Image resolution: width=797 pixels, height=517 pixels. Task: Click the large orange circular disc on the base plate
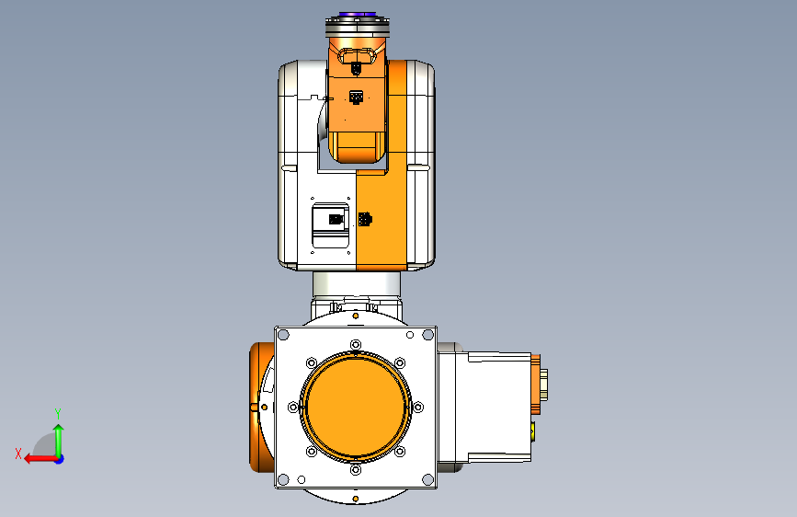tap(356, 408)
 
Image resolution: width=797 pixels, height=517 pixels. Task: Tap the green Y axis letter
tap(58, 414)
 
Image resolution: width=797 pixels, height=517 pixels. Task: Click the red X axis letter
tap(18, 454)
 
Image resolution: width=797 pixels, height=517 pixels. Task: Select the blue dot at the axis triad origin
tap(60, 459)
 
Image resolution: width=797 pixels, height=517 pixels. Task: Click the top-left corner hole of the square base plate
tap(284, 335)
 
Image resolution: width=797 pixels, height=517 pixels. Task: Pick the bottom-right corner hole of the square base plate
tap(428, 479)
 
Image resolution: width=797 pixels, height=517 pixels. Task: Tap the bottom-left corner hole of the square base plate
tap(284, 479)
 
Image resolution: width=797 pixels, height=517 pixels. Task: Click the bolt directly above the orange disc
tap(356, 344)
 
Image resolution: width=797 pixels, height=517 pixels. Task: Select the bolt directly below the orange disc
tap(356, 470)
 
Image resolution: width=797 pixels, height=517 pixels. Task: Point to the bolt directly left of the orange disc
tap(293, 408)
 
